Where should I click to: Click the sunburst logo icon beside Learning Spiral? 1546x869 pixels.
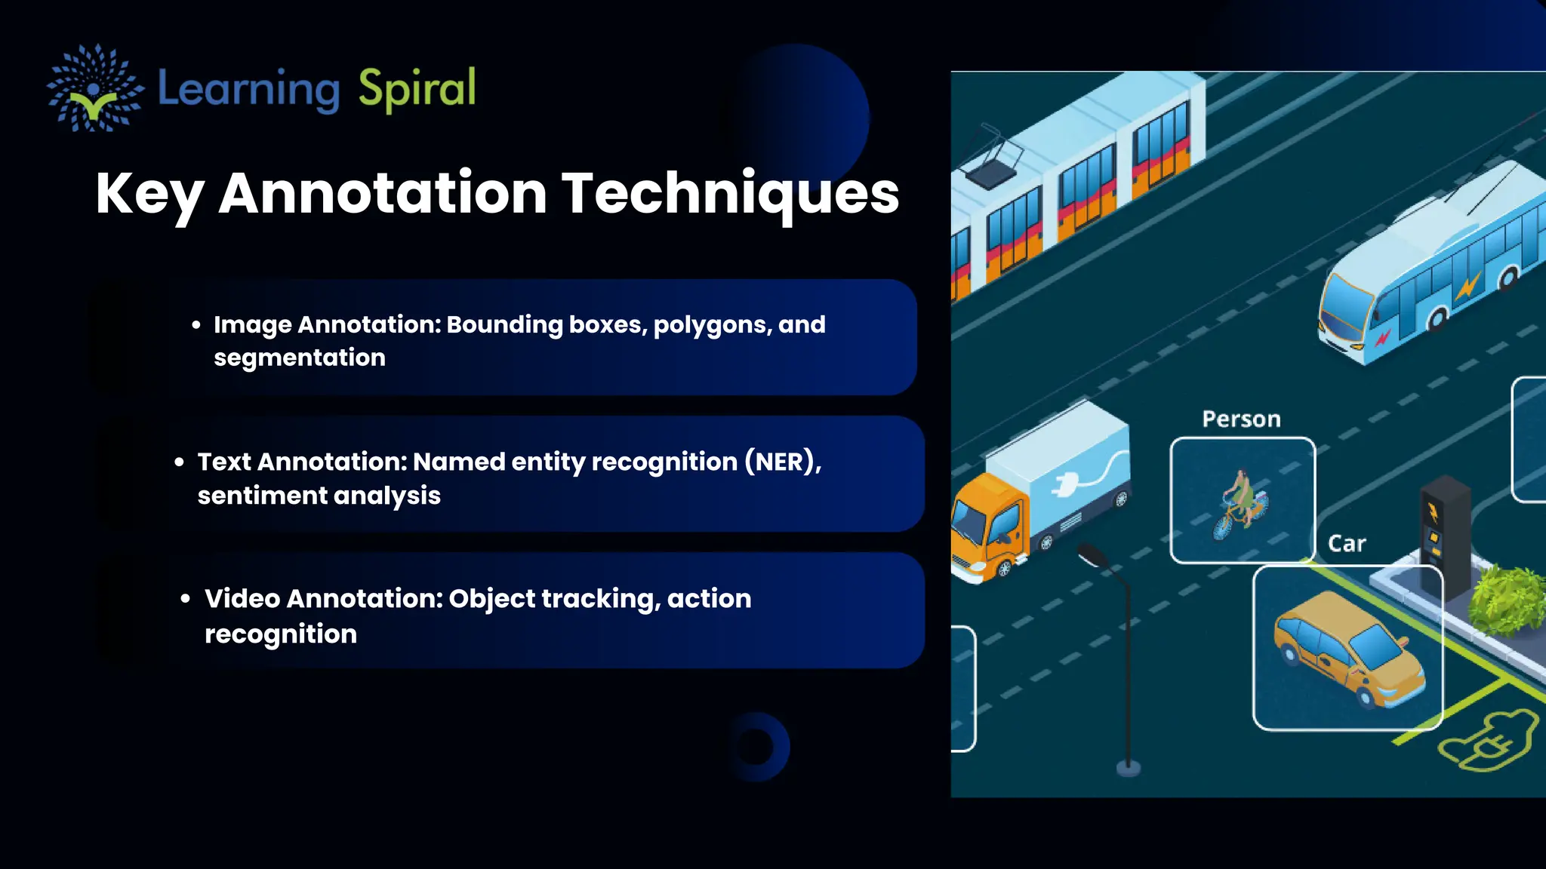pyautogui.click(x=94, y=88)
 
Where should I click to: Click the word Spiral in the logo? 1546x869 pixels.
pyautogui.click(x=417, y=89)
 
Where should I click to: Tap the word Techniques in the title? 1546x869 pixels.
pyautogui.click(x=730, y=193)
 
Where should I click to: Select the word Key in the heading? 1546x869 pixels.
pyautogui.click(x=149, y=195)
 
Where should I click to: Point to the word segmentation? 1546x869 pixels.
pyautogui.click(x=299, y=358)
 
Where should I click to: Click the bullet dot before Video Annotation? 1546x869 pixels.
pyautogui.click(x=186, y=599)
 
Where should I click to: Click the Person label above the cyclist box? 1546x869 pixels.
pyautogui.click(x=1241, y=419)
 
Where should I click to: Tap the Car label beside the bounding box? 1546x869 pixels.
pyautogui.click(x=1347, y=544)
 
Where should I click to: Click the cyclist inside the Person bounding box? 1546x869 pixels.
pyautogui.click(x=1240, y=504)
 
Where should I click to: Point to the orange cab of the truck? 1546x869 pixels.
pyautogui.click(x=985, y=528)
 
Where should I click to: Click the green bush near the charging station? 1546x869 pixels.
pyautogui.click(x=1506, y=600)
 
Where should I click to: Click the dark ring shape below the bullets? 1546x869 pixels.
pyautogui.click(x=756, y=747)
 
